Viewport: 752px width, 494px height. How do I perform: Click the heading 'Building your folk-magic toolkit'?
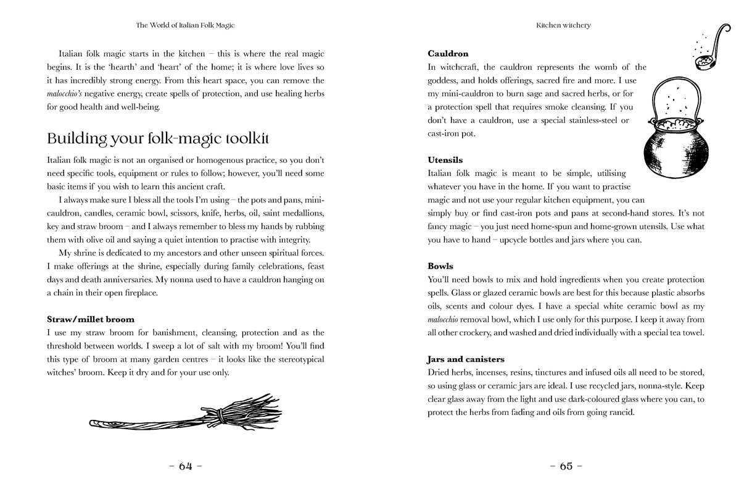[158, 138]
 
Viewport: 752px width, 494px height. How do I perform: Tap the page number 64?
[186, 467]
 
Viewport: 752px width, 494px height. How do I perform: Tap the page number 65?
[566, 467]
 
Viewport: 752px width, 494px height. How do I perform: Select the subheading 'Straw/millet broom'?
[91, 319]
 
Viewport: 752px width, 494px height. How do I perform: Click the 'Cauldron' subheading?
[448, 54]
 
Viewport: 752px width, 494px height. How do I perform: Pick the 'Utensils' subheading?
[445, 160]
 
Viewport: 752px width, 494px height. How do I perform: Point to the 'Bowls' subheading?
[440, 266]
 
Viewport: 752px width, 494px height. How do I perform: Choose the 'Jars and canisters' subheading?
[466, 359]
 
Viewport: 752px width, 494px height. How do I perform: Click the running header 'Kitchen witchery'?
[563, 25]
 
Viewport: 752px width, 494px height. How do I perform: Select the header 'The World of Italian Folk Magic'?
[185, 25]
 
